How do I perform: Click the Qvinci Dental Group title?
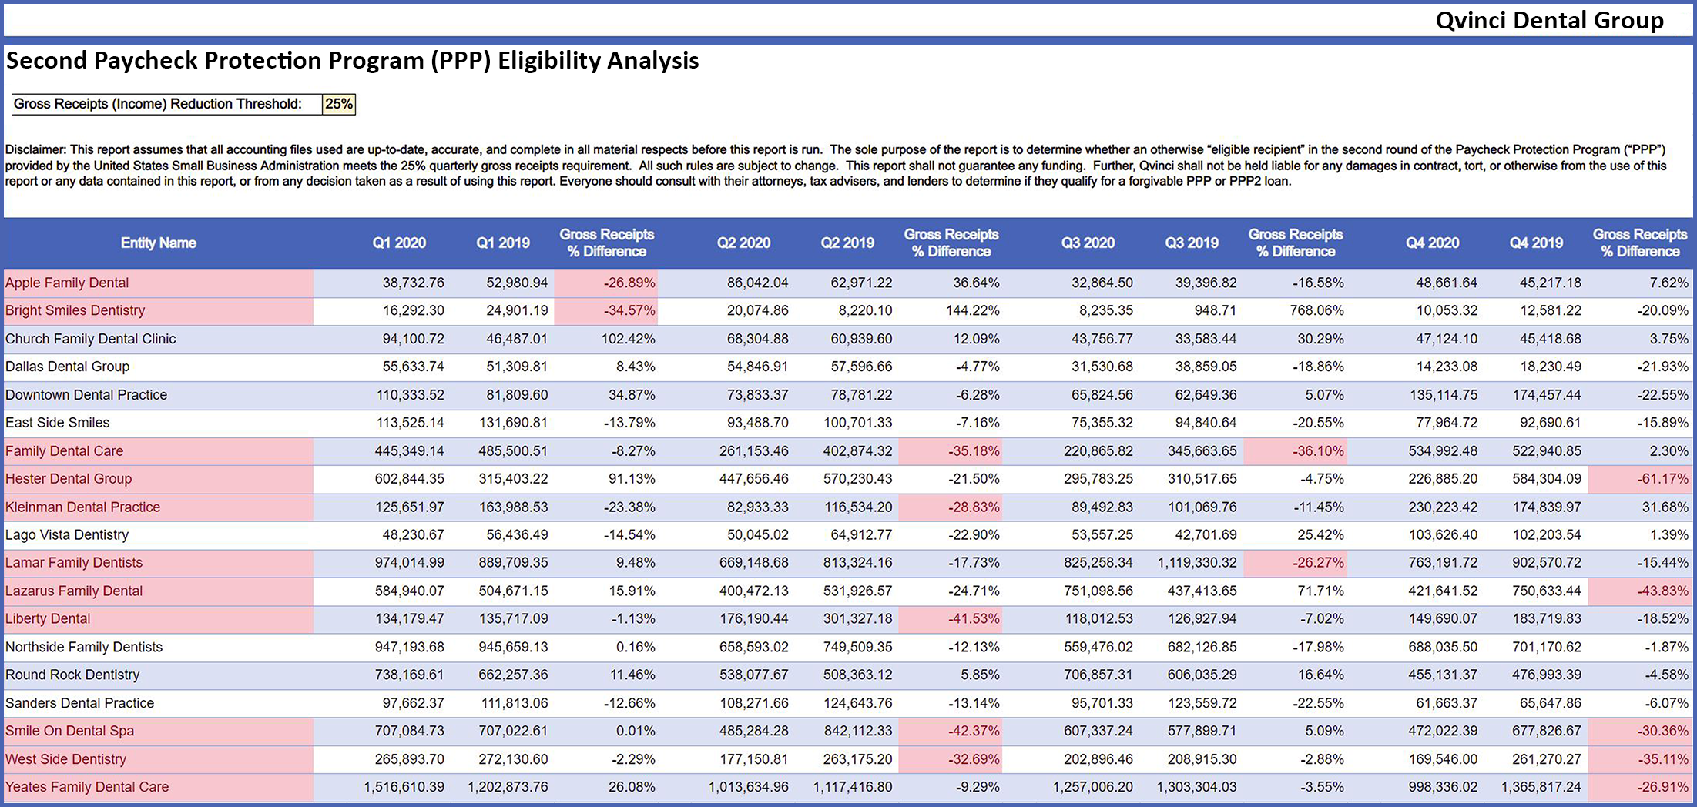[x=1549, y=20]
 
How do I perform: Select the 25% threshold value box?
[x=339, y=104]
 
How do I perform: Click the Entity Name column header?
[x=158, y=243]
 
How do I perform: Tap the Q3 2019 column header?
[x=1191, y=243]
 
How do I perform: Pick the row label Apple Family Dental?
[x=67, y=283]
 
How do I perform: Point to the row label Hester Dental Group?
[x=69, y=478]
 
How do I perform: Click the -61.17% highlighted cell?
[x=1662, y=478]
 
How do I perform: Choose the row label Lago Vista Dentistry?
[x=67, y=534]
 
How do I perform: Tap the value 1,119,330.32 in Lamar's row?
[x=1196, y=562]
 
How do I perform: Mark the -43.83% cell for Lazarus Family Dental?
[x=1662, y=591]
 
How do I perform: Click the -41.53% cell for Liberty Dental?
[x=974, y=618]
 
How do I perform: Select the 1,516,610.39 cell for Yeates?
[x=404, y=787]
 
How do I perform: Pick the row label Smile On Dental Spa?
[x=69, y=731]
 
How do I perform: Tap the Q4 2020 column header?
[x=1432, y=243]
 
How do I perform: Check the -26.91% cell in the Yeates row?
[x=1662, y=787]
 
